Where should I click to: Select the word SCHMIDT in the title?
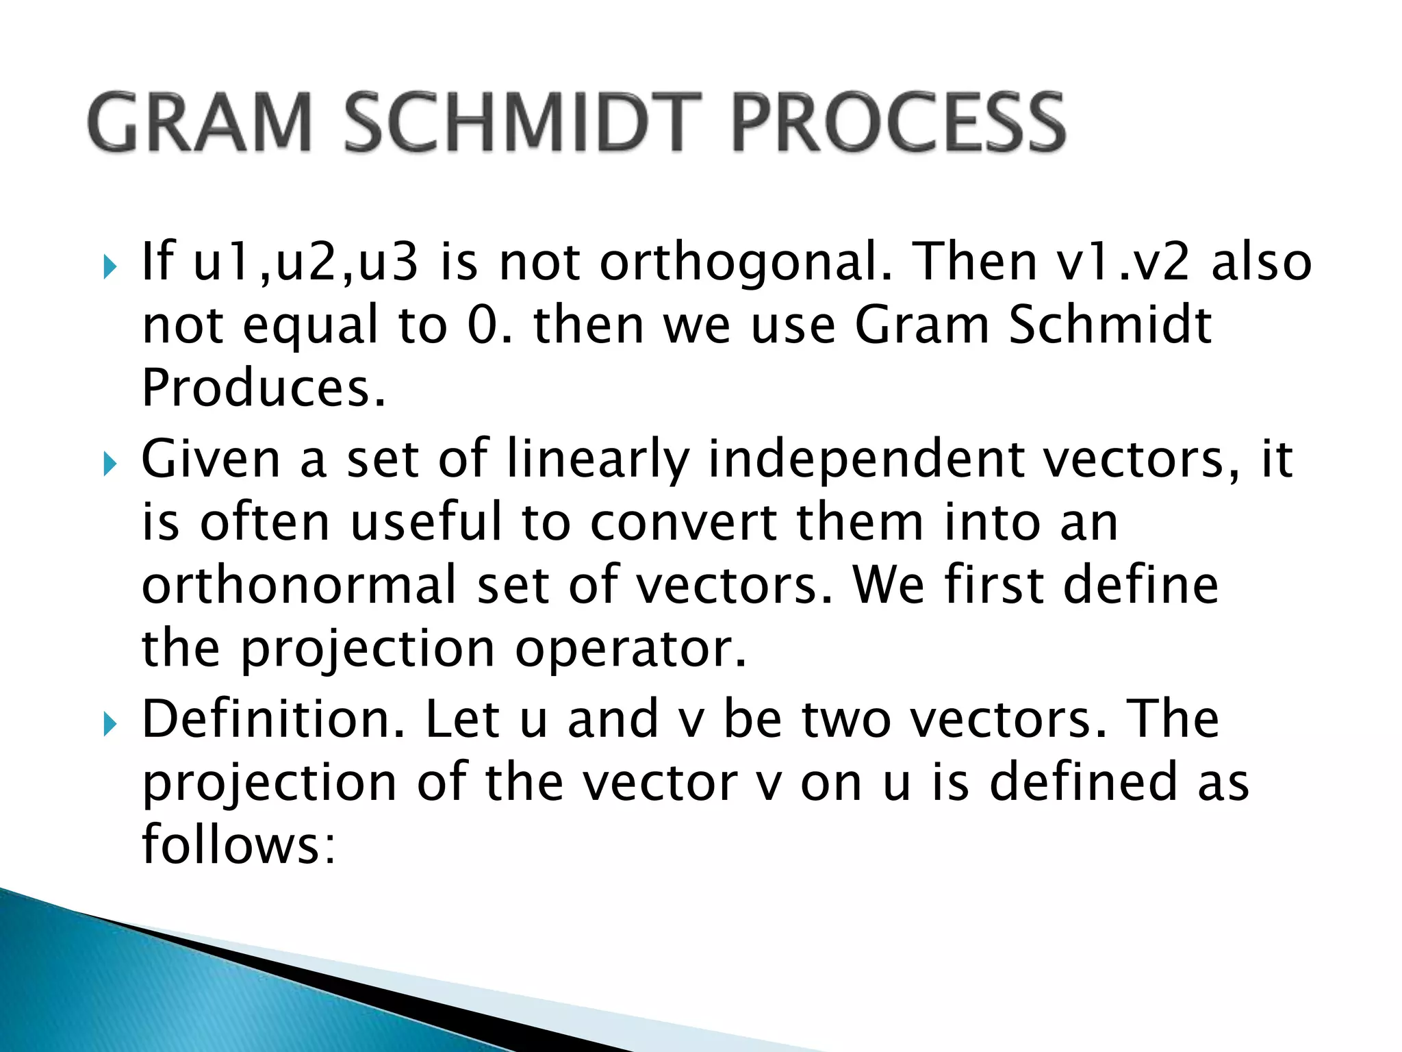coord(523,123)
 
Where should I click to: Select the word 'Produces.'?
coord(264,388)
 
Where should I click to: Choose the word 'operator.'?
coord(630,649)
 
